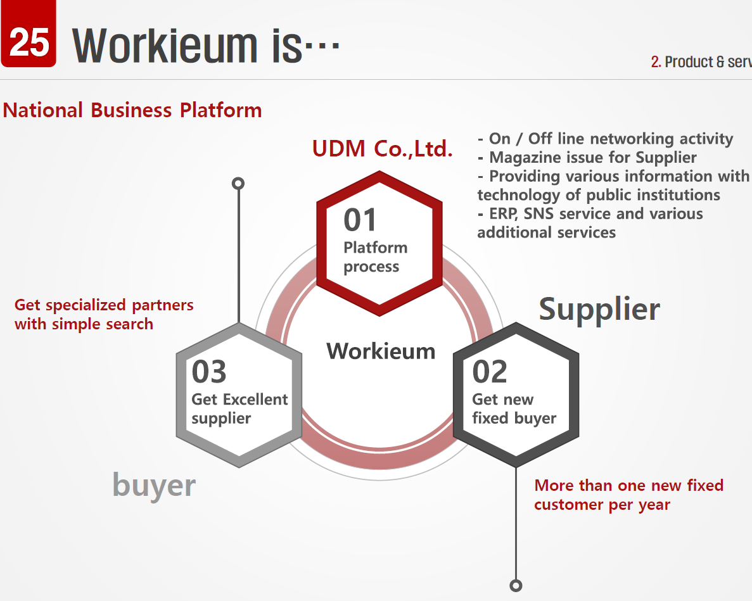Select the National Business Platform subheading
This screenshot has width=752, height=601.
[132, 110]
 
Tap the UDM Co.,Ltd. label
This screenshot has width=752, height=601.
[383, 149]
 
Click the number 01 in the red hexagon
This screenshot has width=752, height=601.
[360, 220]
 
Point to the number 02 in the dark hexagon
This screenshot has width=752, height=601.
[490, 372]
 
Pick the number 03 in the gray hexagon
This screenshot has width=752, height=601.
[209, 372]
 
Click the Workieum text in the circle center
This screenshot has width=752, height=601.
[381, 351]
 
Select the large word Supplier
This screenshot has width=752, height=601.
[599, 309]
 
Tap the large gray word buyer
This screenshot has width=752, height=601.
[154, 486]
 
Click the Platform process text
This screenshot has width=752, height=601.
[375, 257]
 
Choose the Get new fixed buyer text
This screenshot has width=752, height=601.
[514, 409]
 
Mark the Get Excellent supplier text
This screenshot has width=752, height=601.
[239, 409]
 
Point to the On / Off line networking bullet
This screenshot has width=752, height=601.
[605, 139]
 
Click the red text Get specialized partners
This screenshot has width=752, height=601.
[104, 305]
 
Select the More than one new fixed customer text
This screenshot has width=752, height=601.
[628, 495]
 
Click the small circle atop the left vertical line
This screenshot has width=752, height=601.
[238, 184]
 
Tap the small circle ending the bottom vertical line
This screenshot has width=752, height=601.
[516, 585]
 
